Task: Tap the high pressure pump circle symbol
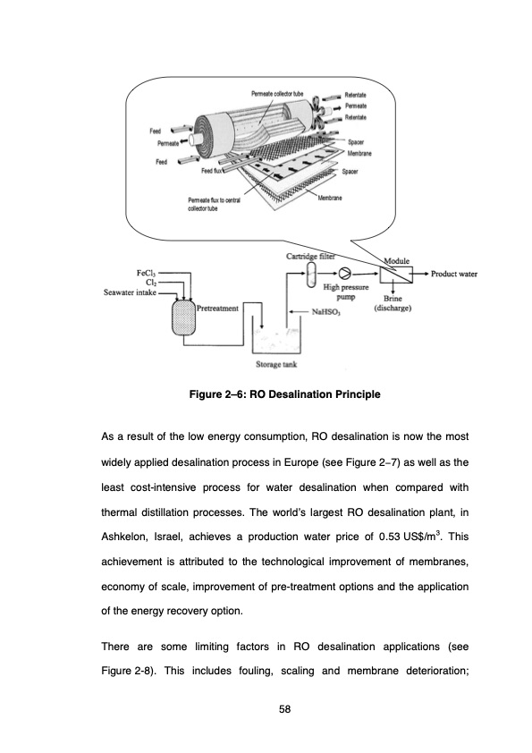345,274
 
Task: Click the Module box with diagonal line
396,275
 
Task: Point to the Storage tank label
276,365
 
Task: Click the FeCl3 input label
146,274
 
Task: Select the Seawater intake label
130,292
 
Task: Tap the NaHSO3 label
325,312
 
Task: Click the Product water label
453,274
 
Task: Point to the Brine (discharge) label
393,303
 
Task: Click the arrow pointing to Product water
420,274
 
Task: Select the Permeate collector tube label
277,93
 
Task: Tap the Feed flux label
211,171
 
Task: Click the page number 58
284,709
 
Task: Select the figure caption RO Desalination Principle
284,394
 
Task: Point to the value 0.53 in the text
389,537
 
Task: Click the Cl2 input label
151,283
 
